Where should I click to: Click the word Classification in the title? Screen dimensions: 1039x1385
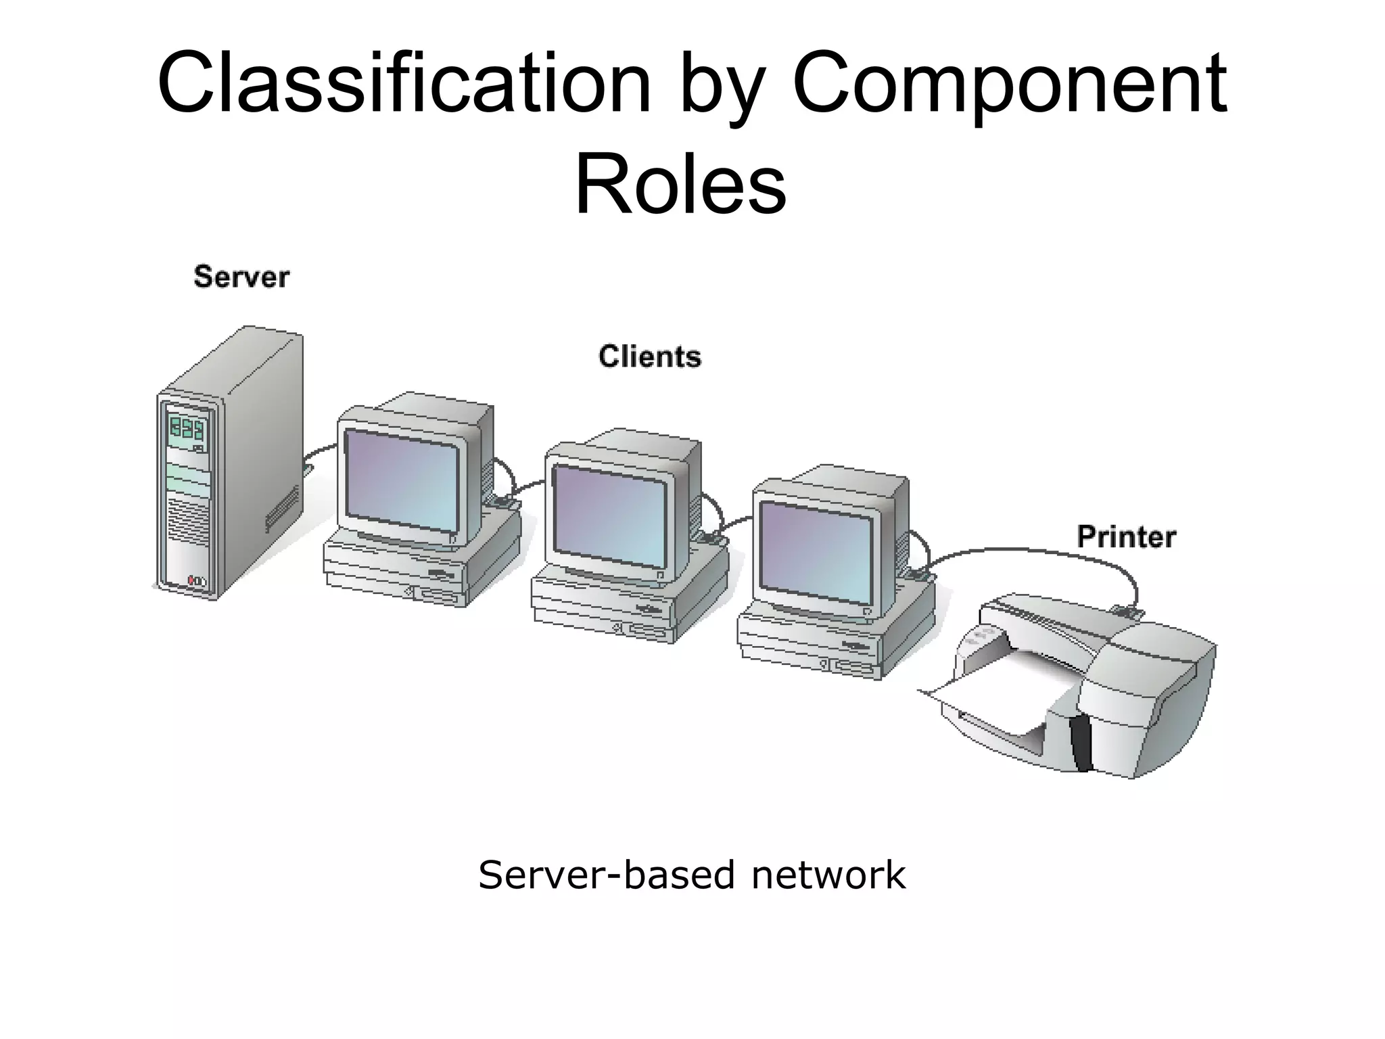tap(403, 84)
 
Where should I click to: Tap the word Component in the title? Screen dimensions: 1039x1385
tap(1009, 84)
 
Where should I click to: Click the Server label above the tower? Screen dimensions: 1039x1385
tap(241, 277)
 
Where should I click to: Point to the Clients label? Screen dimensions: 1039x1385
tap(649, 356)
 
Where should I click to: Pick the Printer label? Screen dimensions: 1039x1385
tap(1126, 537)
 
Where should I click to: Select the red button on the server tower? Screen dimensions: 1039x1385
tap(191, 580)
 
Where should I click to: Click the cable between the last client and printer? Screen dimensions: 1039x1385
tap(1035, 551)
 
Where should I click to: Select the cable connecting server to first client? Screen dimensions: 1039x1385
tap(319, 452)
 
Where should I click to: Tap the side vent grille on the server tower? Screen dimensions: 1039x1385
tap(281, 507)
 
